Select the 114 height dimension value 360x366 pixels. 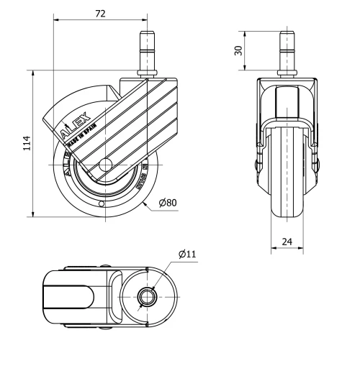coord(27,144)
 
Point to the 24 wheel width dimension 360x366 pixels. coord(287,242)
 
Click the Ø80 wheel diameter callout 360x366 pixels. coord(167,203)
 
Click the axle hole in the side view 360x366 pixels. coord(105,165)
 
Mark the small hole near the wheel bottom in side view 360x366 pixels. coord(102,204)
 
